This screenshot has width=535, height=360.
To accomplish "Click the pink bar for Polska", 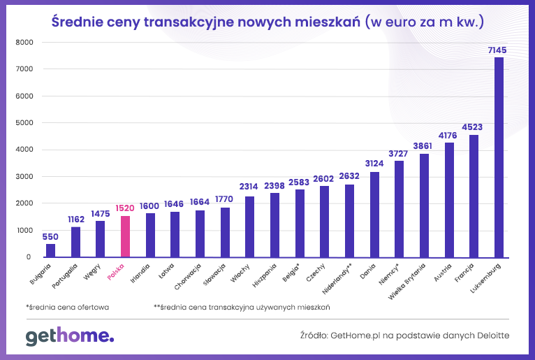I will (125, 236).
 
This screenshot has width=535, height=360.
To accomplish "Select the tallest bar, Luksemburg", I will (499, 157).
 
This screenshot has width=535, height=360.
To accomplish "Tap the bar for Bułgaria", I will (50, 250).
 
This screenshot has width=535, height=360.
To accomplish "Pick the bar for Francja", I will (474, 196).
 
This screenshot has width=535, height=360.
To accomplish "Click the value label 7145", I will (499, 50).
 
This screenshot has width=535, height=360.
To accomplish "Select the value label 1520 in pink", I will (125, 208).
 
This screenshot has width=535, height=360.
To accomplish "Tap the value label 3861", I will (424, 146).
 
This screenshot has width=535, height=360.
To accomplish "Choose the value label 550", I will (50, 236).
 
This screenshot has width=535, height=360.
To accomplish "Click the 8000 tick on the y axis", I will (24, 42).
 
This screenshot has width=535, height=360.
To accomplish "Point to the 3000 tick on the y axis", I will (24, 177).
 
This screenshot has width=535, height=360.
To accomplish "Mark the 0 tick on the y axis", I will (29, 257).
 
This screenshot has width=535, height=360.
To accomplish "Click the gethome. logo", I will (69, 336).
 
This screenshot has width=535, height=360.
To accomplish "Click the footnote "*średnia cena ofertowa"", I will (67, 306).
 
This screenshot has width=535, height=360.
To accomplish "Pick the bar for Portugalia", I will (75, 242).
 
